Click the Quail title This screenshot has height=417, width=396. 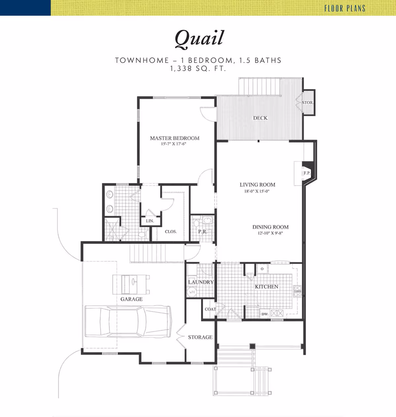[199, 39]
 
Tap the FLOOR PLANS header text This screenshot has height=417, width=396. [345, 8]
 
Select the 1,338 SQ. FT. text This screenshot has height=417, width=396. [198, 69]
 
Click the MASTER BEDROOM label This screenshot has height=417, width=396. [175, 138]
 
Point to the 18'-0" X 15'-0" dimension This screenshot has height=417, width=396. [257, 191]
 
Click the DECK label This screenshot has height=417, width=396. [260, 118]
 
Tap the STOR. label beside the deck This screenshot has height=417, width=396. [308, 103]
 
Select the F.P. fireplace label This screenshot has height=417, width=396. [307, 173]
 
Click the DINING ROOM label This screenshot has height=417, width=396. [270, 227]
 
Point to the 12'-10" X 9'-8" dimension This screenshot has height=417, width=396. [270, 233]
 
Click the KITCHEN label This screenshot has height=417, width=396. [267, 287]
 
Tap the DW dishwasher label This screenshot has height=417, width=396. [264, 314]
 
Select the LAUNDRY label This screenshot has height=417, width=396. [201, 282]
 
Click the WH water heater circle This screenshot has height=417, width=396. [192, 292]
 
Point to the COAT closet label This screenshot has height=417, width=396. [210, 309]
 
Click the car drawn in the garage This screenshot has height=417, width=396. [128, 321]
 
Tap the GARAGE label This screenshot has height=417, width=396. [131, 299]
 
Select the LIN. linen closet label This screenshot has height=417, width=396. [150, 221]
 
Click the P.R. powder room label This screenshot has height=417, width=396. [203, 232]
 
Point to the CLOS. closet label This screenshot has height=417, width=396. [171, 232]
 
